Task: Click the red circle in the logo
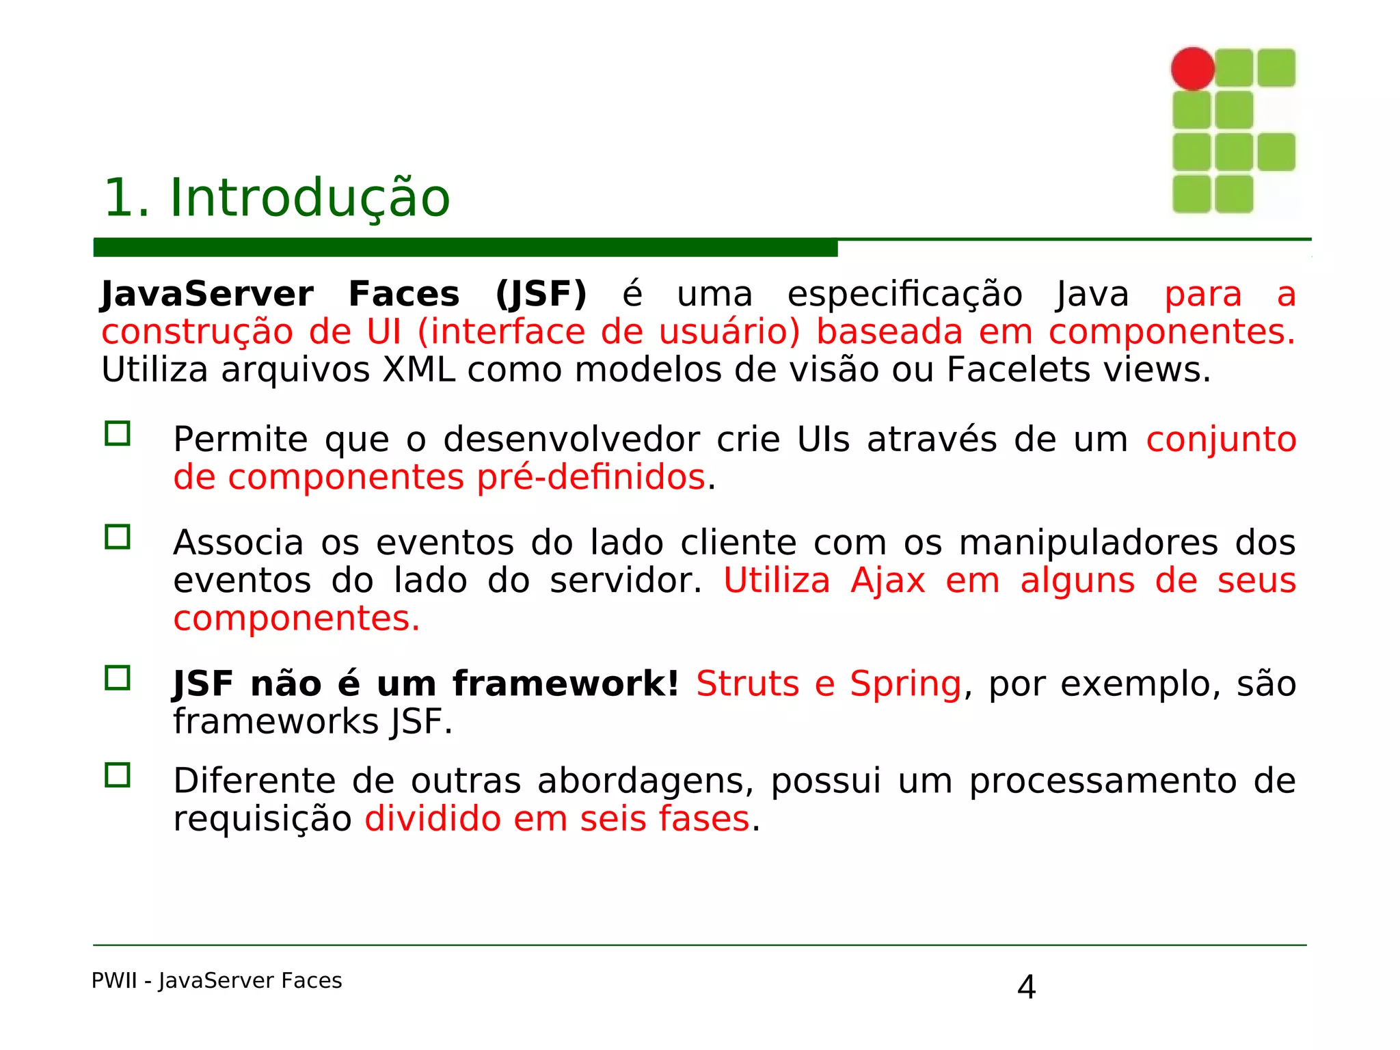tap(1192, 68)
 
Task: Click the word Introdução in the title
tap(309, 198)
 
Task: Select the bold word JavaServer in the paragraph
tap(207, 295)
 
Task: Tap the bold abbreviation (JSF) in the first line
tap(541, 295)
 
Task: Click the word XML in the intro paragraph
tap(418, 370)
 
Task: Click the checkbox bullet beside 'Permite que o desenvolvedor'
tap(118, 433)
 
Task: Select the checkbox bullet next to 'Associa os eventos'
tap(118, 537)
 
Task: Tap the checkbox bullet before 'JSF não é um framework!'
tap(118, 677)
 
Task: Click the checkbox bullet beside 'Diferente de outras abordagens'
tap(118, 775)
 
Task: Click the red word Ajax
tap(887, 580)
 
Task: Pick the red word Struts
tap(747, 684)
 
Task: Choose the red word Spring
tap(905, 684)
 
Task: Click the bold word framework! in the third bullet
tap(565, 684)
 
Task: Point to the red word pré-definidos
tap(591, 477)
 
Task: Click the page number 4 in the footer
tap(1026, 987)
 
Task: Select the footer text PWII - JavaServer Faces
tap(217, 981)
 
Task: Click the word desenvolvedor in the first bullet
tap(571, 440)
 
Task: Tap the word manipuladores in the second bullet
tap(1088, 543)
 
